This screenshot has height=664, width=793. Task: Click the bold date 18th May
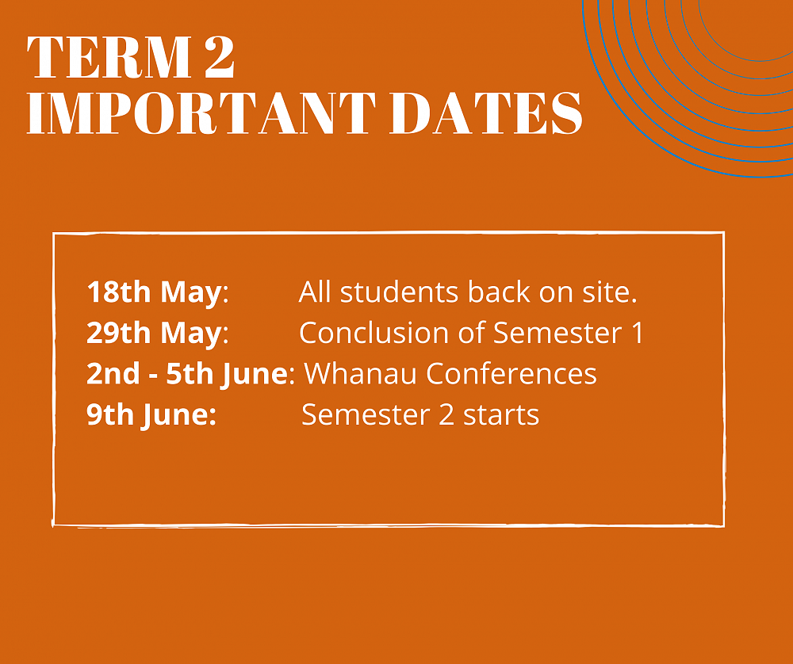click(153, 292)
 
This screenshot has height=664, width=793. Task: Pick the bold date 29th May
click(153, 334)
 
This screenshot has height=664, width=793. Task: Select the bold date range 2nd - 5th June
click(186, 374)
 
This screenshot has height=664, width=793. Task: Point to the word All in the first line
click(316, 292)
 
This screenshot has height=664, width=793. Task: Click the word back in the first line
click(501, 292)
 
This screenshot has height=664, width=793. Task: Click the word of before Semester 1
click(473, 334)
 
